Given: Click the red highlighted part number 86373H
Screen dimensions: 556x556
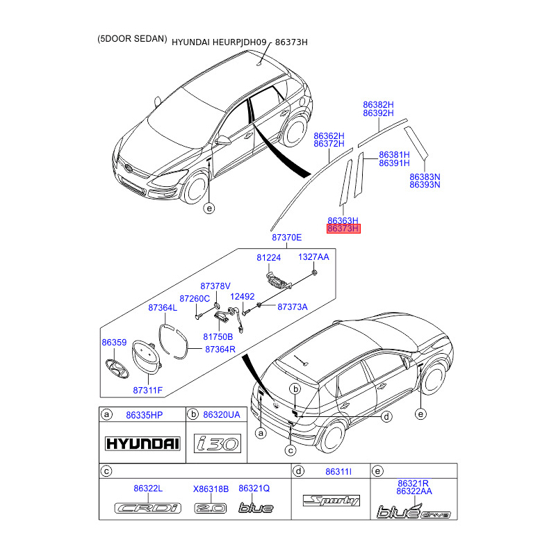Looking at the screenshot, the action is [x=343, y=229].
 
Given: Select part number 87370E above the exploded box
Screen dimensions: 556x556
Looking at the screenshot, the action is [x=286, y=237].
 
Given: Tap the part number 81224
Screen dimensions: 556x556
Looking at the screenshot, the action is [x=268, y=257].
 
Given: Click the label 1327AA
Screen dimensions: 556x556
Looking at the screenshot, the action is [x=313, y=256].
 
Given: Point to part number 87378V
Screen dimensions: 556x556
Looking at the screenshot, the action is [x=215, y=286].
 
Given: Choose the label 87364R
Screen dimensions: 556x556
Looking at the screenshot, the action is [x=220, y=350].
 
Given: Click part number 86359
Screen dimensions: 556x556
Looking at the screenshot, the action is [x=114, y=342].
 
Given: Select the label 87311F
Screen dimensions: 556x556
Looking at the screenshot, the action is [x=147, y=390].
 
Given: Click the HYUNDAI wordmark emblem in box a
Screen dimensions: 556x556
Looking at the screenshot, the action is [x=142, y=443].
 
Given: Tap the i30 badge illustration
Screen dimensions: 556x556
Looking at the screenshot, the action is [x=218, y=443].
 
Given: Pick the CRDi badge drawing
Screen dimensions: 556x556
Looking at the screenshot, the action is [x=148, y=508].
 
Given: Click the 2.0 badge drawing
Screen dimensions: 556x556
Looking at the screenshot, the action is [x=211, y=508].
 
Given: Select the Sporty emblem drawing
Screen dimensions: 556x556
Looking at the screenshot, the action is [x=332, y=500].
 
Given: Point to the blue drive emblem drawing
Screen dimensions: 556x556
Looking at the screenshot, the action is [x=414, y=512].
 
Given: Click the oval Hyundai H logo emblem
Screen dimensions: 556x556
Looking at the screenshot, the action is [x=117, y=369].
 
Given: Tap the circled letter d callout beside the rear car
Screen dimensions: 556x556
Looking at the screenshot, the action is [x=386, y=416].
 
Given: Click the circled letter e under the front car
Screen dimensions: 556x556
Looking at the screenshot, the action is [x=209, y=208].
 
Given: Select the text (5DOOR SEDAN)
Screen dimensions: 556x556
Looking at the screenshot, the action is [x=132, y=39].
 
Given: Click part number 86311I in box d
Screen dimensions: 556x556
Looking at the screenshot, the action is [x=338, y=472].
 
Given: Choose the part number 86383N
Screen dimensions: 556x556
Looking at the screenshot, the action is [x=425, y=177].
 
